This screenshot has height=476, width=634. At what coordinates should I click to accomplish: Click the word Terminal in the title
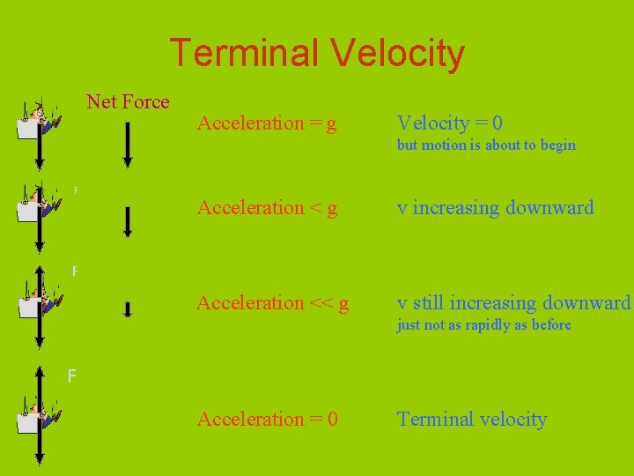[244, 53]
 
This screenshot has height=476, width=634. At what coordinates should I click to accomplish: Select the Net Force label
[128, 101]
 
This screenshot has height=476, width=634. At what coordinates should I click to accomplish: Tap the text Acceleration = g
[267, 123]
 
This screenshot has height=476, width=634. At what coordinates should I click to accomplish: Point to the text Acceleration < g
[267, 208]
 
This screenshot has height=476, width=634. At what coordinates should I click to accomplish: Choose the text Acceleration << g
[272, 303]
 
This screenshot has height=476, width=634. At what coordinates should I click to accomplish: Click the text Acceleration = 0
[267, 420]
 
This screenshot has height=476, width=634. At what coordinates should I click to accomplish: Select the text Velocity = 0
[449, 123]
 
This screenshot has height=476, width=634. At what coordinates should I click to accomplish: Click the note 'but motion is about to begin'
[486, 145]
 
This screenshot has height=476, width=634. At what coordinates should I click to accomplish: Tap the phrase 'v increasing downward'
[495, 208]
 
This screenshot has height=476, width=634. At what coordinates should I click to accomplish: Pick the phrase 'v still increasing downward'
[514, 303]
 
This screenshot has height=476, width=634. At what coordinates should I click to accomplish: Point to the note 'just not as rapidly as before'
[483, 325]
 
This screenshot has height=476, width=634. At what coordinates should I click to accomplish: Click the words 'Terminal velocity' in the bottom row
[472, 420]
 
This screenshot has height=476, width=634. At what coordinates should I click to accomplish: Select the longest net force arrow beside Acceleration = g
[128, 145]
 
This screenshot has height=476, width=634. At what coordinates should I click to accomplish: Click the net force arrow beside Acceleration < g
[128, 221]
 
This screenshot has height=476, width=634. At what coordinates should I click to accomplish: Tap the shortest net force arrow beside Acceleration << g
[128, 309]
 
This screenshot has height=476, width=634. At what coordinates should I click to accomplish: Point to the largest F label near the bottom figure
[72, 377]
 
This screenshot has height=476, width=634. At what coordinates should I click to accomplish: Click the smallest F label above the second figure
[76, 190]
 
